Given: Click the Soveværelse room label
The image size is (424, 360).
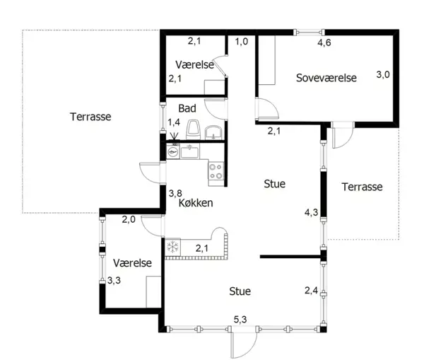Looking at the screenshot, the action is coord(326,78).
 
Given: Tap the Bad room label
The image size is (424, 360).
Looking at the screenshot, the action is coord(187,108).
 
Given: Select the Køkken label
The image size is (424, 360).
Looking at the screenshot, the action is coord(196,203).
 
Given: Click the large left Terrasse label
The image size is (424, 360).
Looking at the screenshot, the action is coord(90,117).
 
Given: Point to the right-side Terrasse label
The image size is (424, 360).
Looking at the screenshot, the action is coord(362,187).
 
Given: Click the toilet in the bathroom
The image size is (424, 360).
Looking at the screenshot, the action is coord(193,129).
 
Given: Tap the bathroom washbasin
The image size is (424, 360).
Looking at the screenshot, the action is coord(213,133).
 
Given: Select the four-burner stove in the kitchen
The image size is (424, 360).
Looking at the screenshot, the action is coord(216,170).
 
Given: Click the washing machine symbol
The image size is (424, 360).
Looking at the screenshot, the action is coord(173,151).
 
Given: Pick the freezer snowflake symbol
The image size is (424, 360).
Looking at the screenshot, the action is coord(173,247).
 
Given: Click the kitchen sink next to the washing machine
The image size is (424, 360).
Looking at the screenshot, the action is coord(190,151).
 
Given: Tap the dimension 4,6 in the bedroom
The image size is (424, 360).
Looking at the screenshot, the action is coord(324,42).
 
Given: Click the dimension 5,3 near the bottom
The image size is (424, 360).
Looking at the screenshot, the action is coord(240,320).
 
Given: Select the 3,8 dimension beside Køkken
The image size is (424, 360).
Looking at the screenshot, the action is coord(175,193).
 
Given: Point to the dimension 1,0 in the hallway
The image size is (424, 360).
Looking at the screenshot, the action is coord(241,42).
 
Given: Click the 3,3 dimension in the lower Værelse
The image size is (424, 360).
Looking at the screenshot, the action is coord(114,280).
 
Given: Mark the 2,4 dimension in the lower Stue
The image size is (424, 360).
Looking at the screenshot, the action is coord(311,291).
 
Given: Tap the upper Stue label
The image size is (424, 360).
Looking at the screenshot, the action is coord(274,184).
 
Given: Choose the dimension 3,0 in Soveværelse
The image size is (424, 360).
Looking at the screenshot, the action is coord(383,74).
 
